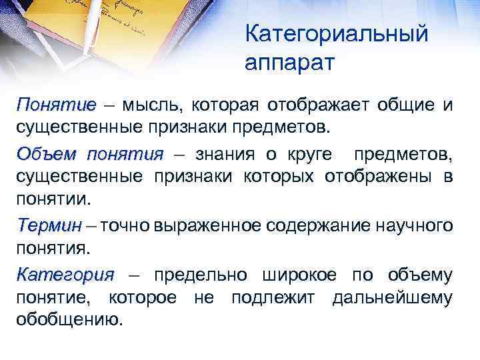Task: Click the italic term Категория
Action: [x=65, y=275]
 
